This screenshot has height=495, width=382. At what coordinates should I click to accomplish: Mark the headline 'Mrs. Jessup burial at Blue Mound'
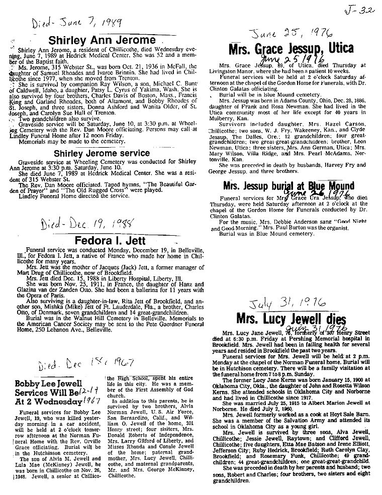(288, 186)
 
